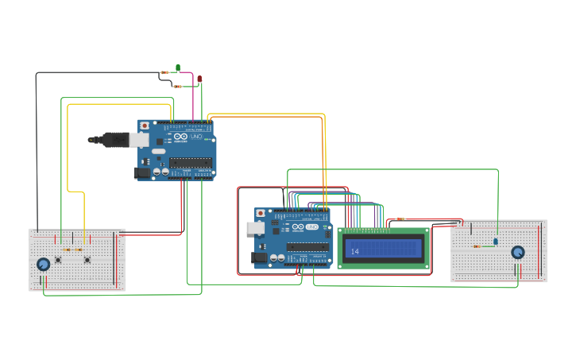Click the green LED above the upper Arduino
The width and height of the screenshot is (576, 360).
(178, 68)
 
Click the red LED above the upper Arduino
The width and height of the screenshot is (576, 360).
(199, 79)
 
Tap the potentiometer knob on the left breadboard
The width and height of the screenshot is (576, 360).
(44, 264)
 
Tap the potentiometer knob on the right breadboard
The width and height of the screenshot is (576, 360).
(518, 252)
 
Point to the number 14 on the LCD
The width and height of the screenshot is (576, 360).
(354, 252)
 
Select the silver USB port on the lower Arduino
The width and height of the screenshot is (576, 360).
(256, 228)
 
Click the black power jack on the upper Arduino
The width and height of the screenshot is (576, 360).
(142, 172)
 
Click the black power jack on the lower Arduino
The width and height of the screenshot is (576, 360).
(259, 257)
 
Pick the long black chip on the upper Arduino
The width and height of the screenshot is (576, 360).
(191, 162)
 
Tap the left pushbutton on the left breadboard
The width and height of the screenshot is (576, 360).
(57, 259)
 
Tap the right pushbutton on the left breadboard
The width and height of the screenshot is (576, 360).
(87, 259)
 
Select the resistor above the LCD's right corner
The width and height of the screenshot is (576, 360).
(400, 219)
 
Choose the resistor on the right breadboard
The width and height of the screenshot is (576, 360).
(477, 246)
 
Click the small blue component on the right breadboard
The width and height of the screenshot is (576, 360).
(496, 241)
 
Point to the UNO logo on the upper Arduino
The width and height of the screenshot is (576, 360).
(196, 137)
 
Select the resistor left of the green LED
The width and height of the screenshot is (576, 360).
(164, 72)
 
